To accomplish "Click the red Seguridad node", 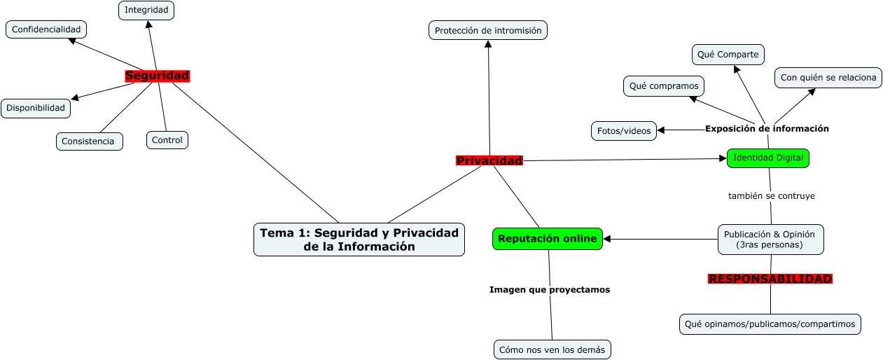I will point(157,76).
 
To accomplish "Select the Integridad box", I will point(146,10).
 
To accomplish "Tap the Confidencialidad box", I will point(46,29).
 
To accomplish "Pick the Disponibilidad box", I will point(36,108).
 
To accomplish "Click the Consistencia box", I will point(89,141).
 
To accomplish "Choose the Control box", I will point(167,140).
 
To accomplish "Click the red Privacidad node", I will point(489,161).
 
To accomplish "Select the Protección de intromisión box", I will point(488,30).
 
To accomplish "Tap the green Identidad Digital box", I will point(767,158).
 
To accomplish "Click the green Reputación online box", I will point(548,239).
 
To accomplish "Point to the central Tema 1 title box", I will point(359,240).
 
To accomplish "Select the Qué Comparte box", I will point(728,54).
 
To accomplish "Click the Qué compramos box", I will point(663,86).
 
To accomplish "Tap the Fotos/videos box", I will point(624,130).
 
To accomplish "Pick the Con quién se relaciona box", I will point(828,78).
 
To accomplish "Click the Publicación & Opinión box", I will point(770,240).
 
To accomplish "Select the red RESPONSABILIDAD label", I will point(770,279).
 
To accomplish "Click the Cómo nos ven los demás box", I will point(552,349).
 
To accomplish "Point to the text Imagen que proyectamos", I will point(550,289).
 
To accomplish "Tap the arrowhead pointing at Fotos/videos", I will point(661,130).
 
